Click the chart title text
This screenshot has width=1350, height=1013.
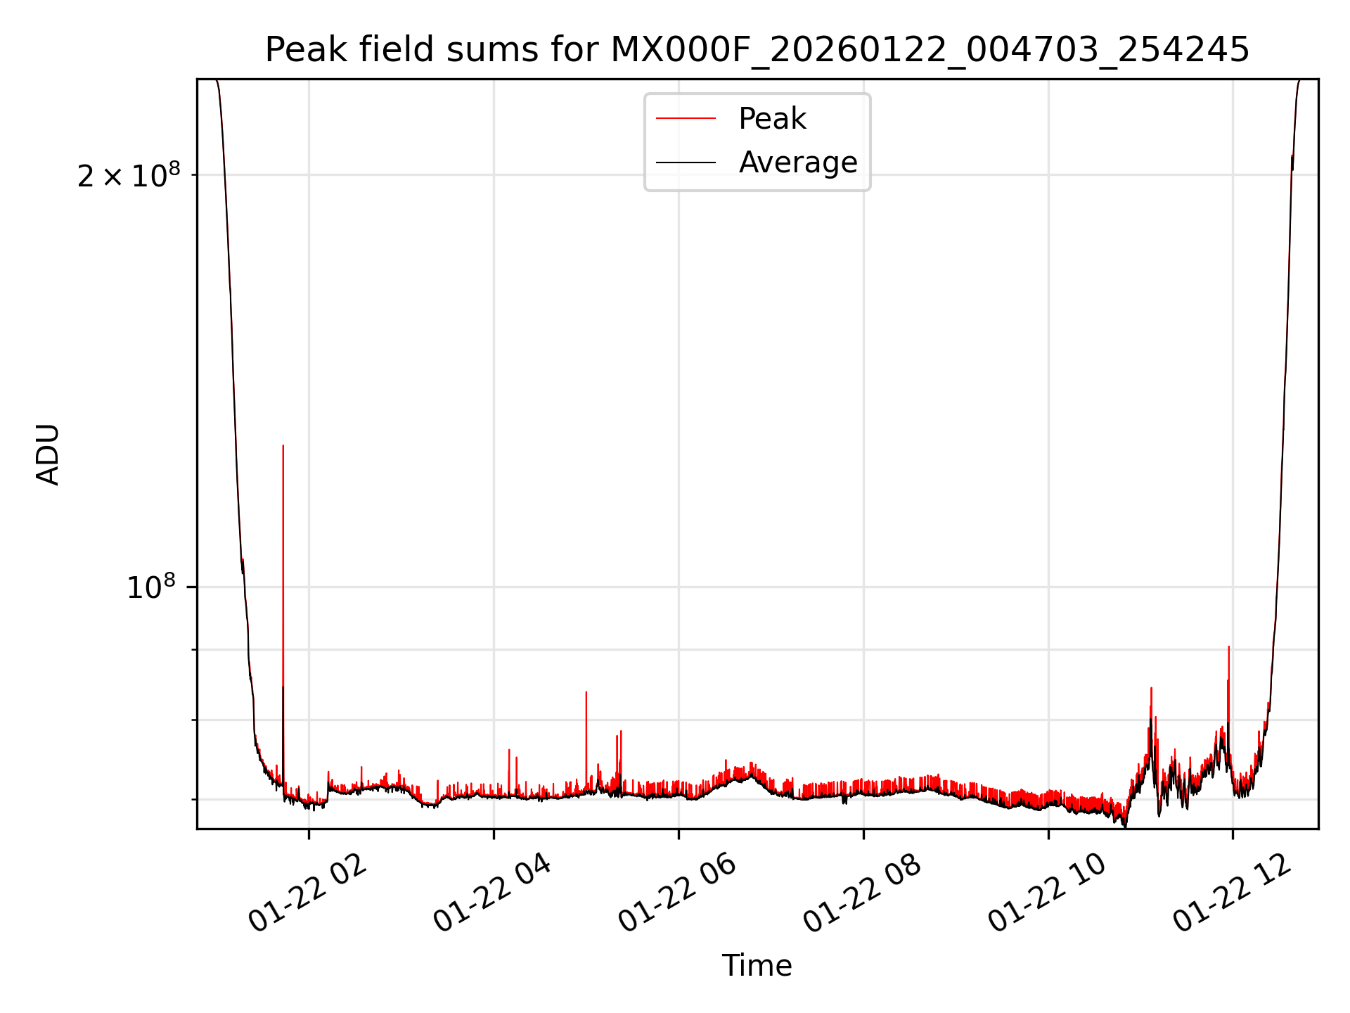click(757, 50)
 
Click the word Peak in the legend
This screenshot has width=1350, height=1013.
click(772, 119)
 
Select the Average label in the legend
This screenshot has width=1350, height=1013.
click(798, 163)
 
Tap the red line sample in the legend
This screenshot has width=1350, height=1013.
click(686, 119)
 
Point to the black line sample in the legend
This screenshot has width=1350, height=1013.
click(686, 163)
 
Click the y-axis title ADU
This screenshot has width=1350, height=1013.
click(48, 454)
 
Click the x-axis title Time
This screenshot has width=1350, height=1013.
click(757, 966)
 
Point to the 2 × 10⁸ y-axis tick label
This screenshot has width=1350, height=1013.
click(129, 175)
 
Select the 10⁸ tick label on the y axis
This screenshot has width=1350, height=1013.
click(150, 587)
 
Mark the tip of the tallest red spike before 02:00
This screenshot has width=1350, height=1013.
click(283, 445)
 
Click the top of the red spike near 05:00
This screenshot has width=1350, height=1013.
click(586, 692)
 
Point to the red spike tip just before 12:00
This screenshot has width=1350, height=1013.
click(1228, 646)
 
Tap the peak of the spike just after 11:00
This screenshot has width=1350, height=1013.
click(1151, 688)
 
